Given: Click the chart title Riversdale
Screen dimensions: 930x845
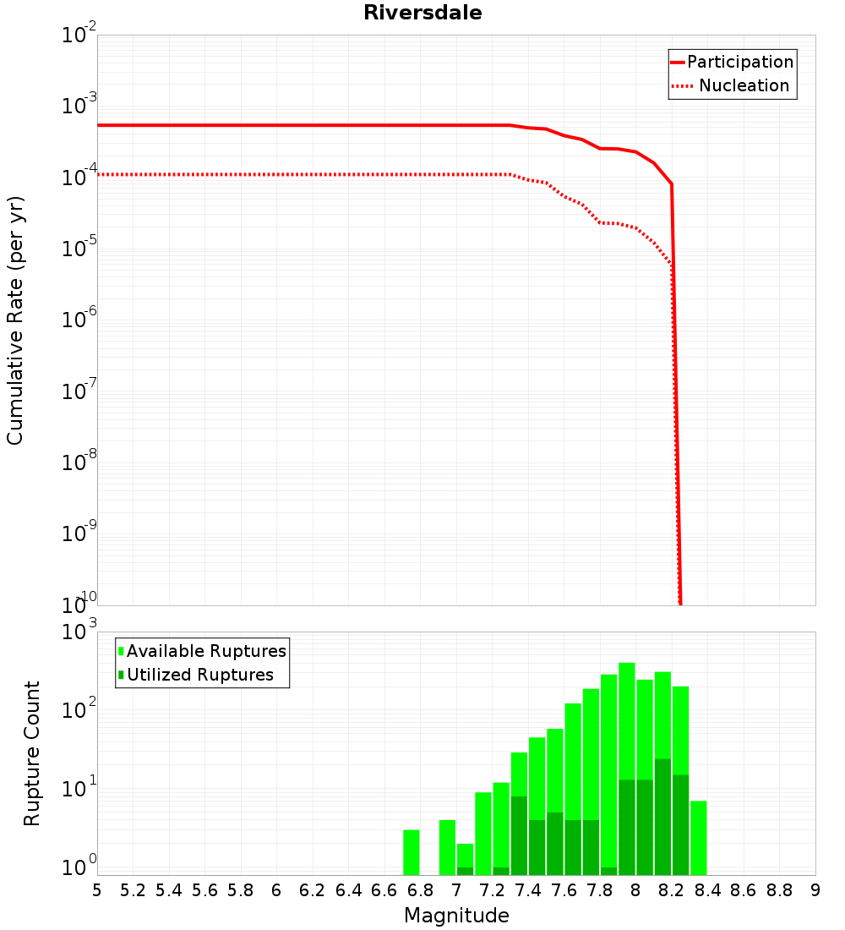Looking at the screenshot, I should (x=422, y=14).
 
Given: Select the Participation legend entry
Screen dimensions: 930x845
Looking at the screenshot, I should (x=732, y=62).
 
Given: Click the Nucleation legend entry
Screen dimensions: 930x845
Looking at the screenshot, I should (x=732, y=86).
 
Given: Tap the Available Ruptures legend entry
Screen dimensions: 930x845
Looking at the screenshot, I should (x=203, y=651).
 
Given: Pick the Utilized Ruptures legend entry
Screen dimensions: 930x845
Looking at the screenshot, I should (x=196, y=675).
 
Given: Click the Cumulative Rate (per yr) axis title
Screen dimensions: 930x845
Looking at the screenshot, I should (x=15, y=320).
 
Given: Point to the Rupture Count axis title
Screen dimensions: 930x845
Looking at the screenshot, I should (x=32, y=753).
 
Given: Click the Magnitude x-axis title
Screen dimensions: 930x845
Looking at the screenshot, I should (x=456, y=916).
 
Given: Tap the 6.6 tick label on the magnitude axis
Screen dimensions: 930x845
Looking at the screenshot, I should (x=384, y=890).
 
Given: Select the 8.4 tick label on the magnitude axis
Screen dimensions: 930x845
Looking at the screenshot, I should (x=707, y=890).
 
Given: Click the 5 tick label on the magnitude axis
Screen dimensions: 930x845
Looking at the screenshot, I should (x=97, y=890).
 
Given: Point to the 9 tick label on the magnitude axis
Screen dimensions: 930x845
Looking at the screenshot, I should (x=815, y=890).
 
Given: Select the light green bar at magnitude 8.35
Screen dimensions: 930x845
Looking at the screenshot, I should (x=699, y=838).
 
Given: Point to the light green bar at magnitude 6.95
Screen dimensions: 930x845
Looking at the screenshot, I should (x=447, y=847).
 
